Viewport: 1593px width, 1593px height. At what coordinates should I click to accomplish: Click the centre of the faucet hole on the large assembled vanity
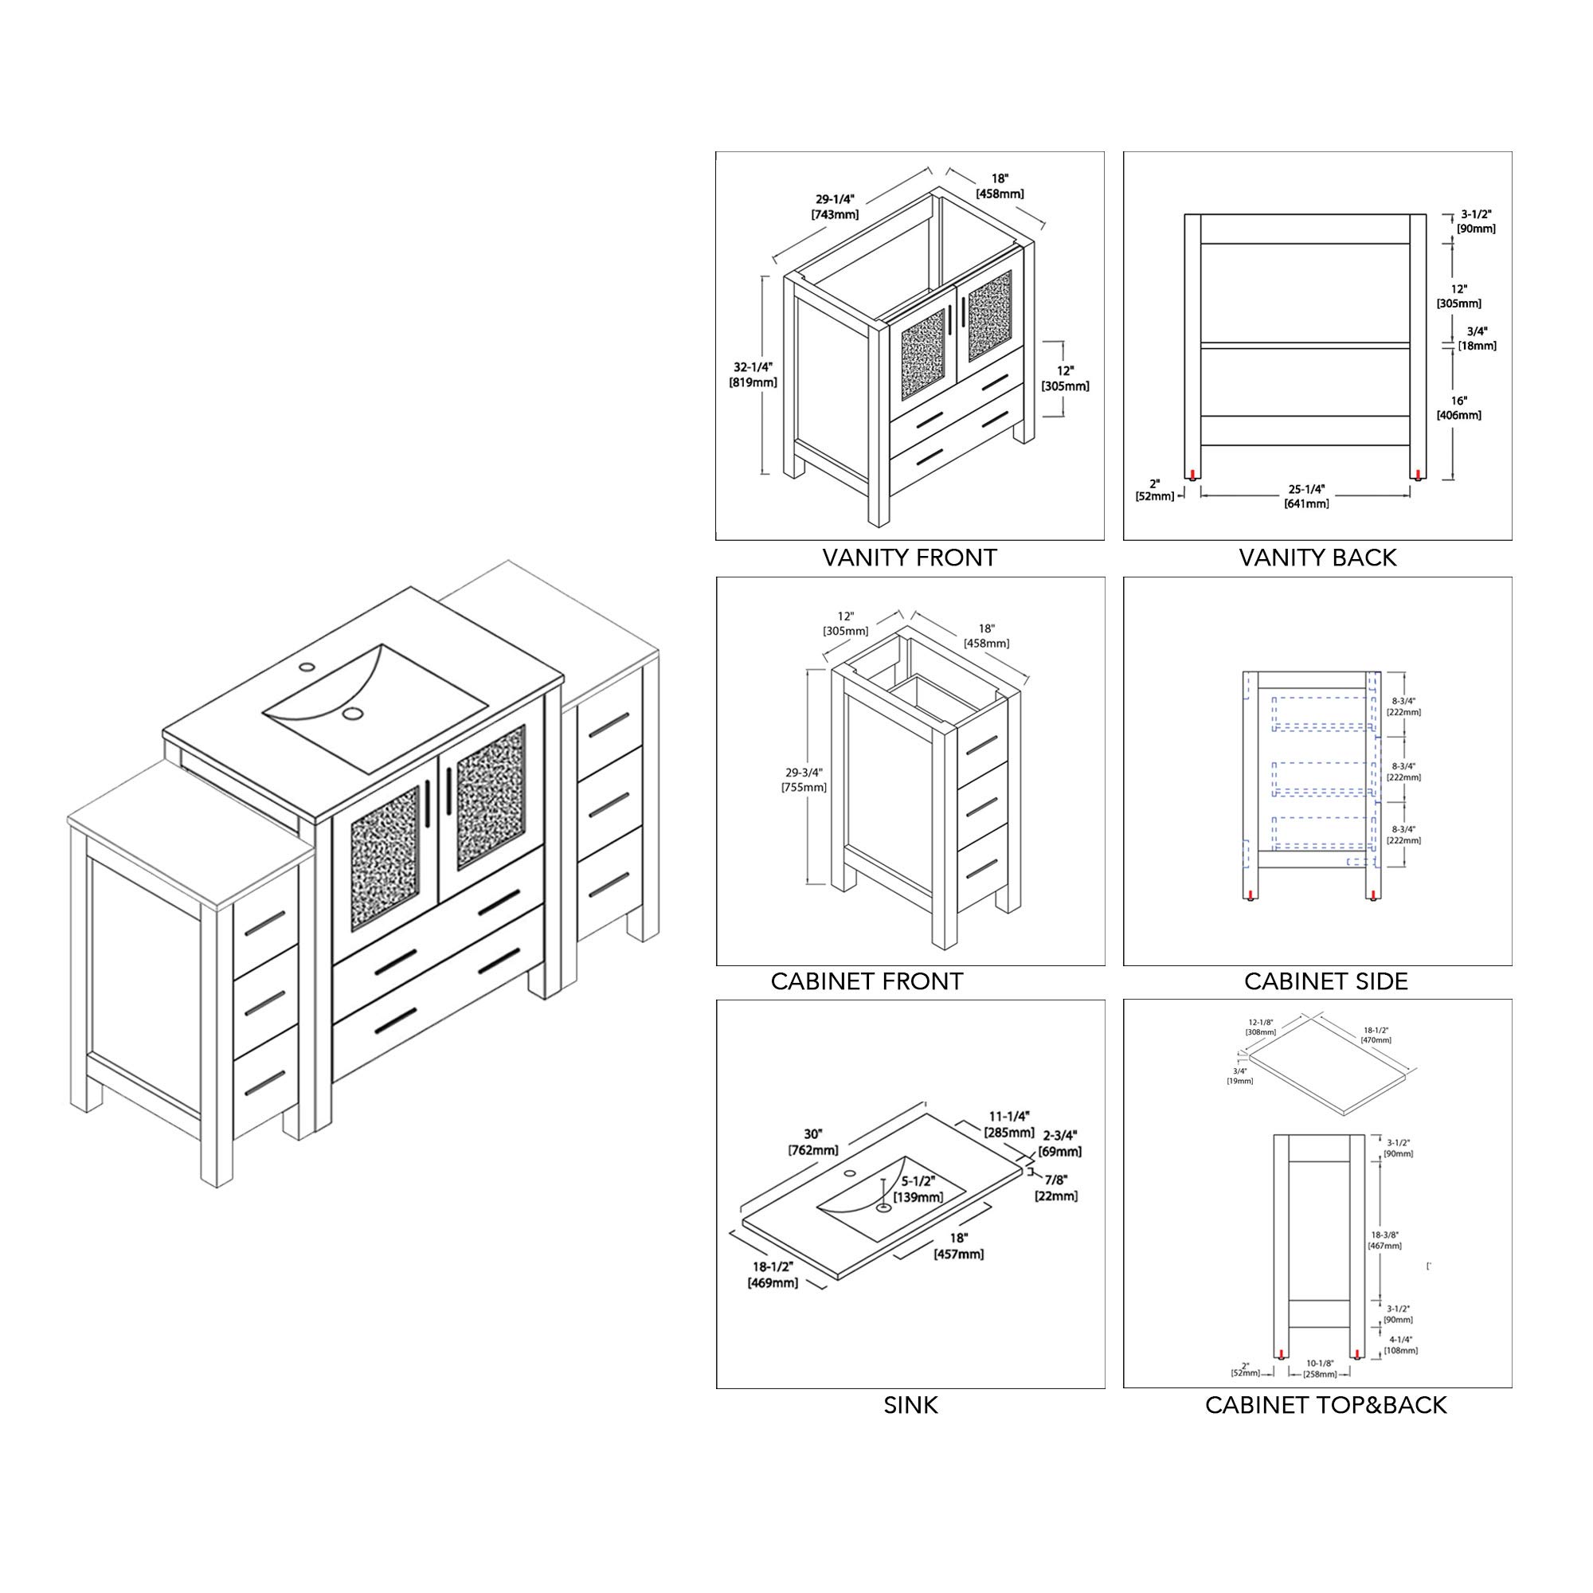click(x=307, y=665)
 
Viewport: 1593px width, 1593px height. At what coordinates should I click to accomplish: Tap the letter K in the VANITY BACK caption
click(x=1388, y=558)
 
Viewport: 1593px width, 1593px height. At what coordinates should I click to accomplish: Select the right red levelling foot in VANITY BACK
click(x=1418, y=474)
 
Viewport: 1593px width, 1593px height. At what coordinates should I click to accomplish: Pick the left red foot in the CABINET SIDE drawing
click(x=1252, y=895)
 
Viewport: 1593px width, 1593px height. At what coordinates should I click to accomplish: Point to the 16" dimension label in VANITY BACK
click(x=1458, y=400)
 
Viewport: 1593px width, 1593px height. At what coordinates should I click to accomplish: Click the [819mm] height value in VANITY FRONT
click(x=753, y=382)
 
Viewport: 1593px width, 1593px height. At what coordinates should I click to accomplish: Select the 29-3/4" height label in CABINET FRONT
click(x=804, y=773)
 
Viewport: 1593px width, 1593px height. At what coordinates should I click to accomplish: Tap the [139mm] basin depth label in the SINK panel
click(x=919, y=1197)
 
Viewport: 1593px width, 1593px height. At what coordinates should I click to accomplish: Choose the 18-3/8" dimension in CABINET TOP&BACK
click(x=1383, y=1235)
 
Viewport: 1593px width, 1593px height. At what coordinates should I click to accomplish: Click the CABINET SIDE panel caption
click(x=1326, y=981)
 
